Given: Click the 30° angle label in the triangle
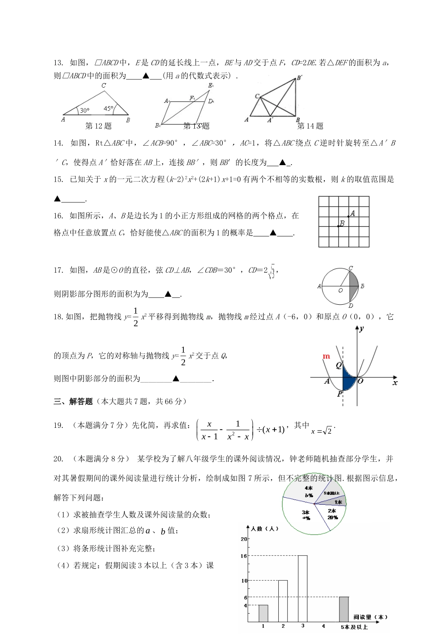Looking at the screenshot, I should [84, 111].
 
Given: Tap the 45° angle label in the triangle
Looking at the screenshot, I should [108, 108].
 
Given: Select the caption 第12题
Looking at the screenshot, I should [99, 126].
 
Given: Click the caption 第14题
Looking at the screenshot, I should [310, 126].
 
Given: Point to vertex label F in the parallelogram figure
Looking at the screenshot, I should [192, 98].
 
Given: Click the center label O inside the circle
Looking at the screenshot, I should [340, 291].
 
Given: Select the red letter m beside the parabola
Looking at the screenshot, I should [326, 356].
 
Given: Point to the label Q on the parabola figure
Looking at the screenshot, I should [339, 365].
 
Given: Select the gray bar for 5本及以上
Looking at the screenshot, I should [344, 609].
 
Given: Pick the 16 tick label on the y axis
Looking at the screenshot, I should [244, 556].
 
